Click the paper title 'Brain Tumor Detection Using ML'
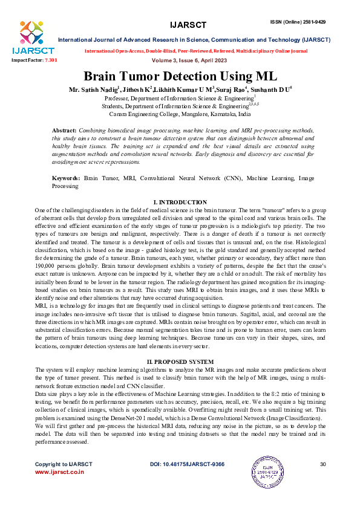pos(180,77)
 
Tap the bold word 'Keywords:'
pos(66,179)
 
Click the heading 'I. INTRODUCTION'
pos(180,202)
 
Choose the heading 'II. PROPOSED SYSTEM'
pos(180,361)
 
